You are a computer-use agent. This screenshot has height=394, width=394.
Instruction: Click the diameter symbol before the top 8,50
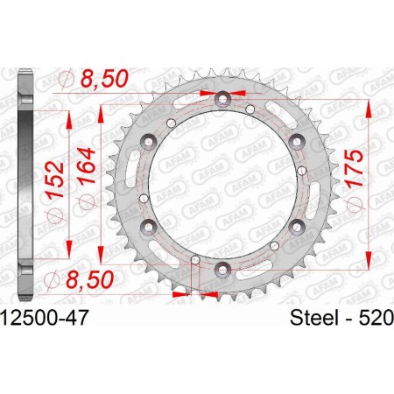click(x=63, y=81)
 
